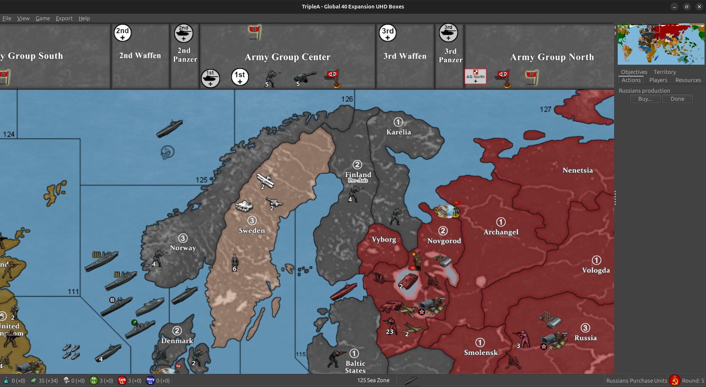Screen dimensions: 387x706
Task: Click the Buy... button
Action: [x=645, y=99]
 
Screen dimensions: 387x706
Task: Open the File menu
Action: [x=7, y=18]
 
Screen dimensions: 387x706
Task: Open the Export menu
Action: [x=64, y=18]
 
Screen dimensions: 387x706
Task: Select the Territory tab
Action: [x=664, y=72]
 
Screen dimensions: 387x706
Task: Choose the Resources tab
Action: [x=688, y=80]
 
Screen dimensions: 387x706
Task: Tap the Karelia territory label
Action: [x=399, y=132]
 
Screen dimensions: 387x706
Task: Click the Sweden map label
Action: [x=252, y=230]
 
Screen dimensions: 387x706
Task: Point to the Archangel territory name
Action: [x=501, y=232]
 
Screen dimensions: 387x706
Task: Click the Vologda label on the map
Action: [x=596, y=270]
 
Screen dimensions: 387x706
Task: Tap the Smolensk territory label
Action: [x=481, y=352]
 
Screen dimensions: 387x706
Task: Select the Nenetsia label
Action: [x=578, y=170]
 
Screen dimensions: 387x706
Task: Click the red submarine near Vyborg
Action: [x=343, y=291]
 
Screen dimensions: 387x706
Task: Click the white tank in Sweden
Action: [x=244, y=206]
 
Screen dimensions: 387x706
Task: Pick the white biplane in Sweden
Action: [x=265, y=180]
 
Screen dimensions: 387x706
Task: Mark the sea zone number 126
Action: [x=347, y=99]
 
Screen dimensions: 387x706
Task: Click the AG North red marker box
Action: [x=475, y=76]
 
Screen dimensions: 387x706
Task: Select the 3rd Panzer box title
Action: [x=450, y=55]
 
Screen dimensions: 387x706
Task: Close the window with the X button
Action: [x=699, y=7]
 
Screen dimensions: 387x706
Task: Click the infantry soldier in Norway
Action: [x=159, y=257]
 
